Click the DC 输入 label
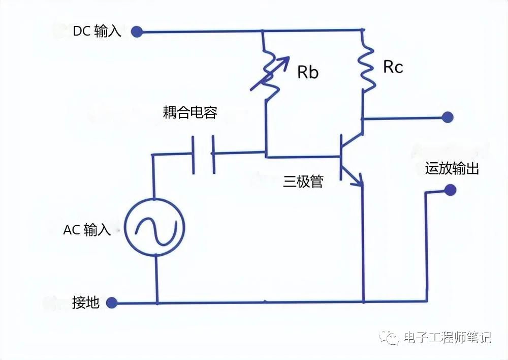click(97, 31)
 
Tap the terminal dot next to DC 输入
click(136, 32)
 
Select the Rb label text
click(307, 72)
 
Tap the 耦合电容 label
click(190, 112)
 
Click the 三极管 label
click(303, 182)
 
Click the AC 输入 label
click(87, 229)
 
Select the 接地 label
click(86, 304)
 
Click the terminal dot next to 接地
click(112, 303)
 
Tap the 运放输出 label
click(452, 169)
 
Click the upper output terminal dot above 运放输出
click(447, 117)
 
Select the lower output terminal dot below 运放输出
click(449, 191)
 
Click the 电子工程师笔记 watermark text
click(447, 337)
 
